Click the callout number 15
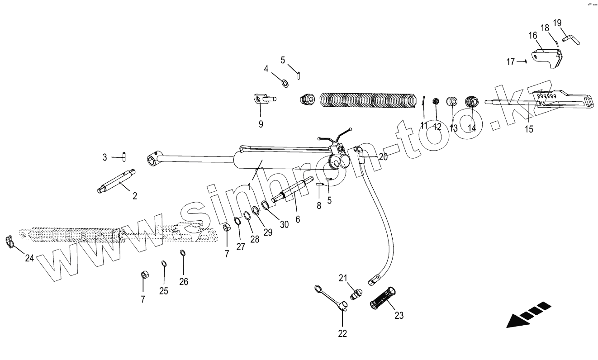[x=529, y=129]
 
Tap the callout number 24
[x=29, y=258]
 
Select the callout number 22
[x=342, y=334]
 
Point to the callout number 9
[x=261, y=124]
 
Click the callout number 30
[x=284, y=224]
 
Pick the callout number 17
[x=511, y=62]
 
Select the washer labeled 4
[x=285, y=83]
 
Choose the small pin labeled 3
[x=124, y=156]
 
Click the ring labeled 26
[x=183, y=253]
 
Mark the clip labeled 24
[x=9, y=242]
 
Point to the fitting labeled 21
[x=356, y=294]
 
